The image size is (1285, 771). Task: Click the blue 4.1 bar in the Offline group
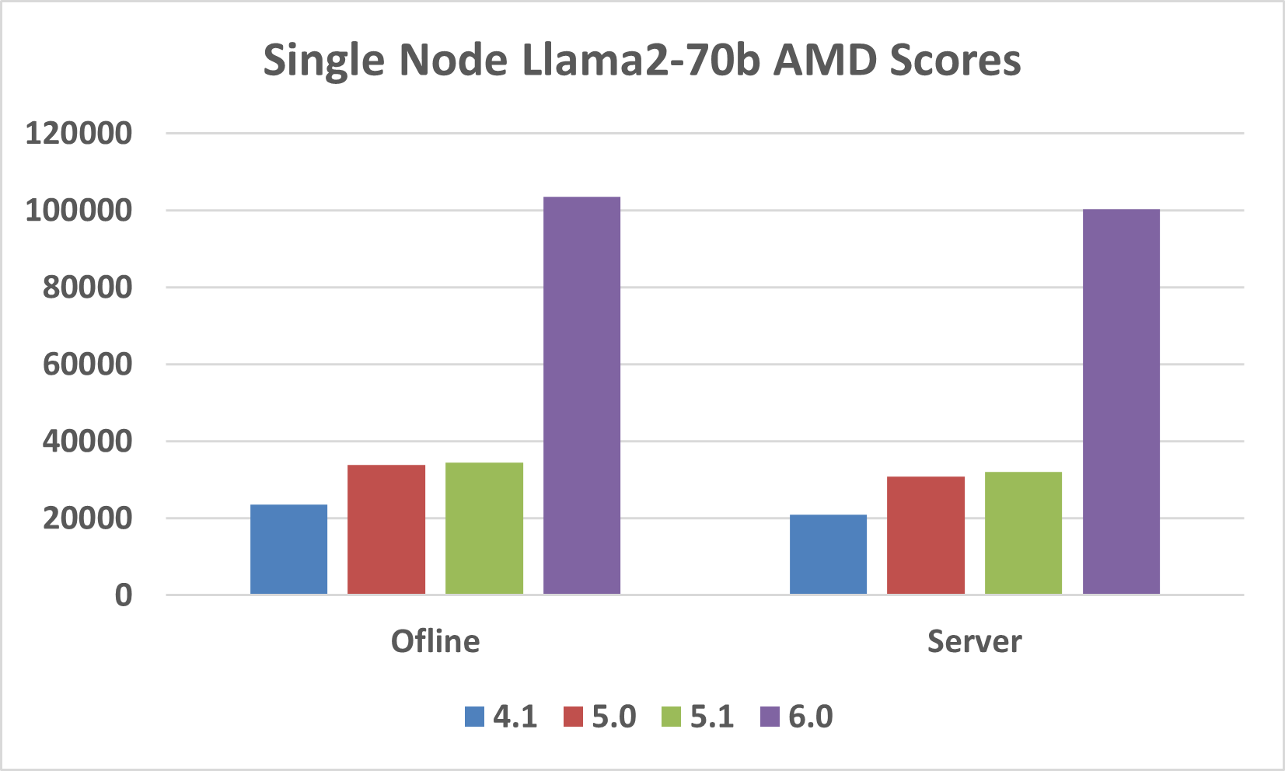(x=288, y=549)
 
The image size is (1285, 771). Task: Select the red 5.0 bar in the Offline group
(x=386, y=529)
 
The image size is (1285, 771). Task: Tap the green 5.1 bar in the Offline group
(x=484, y=529)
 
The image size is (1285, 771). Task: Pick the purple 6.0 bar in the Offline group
(x=581, y=396)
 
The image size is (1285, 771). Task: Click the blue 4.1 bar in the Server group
(x=828, y=554)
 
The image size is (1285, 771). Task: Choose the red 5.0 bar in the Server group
(x=926, y=536)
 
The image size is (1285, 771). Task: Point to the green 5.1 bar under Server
(x=1023, y=533)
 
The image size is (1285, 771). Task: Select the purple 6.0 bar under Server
(x=1121, y=402)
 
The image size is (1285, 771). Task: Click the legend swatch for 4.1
(x=474, y=717)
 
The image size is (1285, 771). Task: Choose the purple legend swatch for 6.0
(x=770, y=717)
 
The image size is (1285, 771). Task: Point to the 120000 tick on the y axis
(x=79, y=134)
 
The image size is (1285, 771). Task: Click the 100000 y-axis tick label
(x=79, y=211)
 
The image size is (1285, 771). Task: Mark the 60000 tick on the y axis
(x=87, y=365)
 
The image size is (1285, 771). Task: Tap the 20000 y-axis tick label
(x=87, y=518)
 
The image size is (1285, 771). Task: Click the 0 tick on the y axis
(x=124, y=595)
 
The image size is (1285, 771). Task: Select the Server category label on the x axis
(x=974, y=642)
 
